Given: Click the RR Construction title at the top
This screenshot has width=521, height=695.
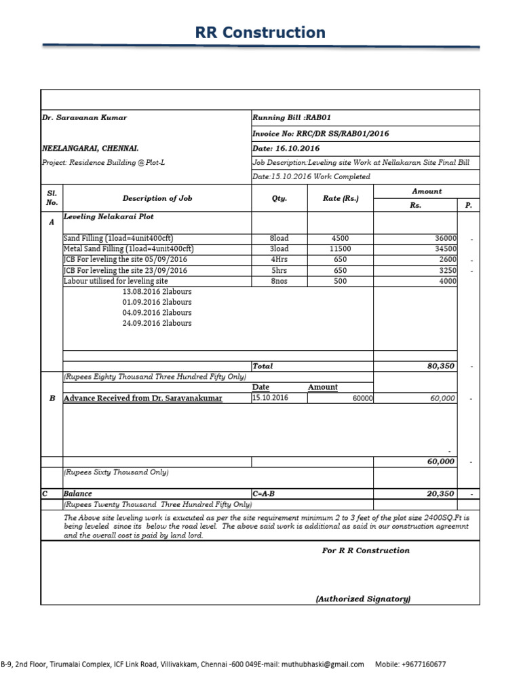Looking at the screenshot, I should [x=260, y=33].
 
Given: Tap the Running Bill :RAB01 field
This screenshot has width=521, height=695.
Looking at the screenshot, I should [x=292, y=117].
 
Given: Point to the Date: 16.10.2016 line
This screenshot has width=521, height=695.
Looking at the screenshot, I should [x=286, y=148].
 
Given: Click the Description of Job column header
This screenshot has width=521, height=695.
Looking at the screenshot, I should [x=157, y=198].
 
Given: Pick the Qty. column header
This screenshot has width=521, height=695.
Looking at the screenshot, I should [x=279, y=199].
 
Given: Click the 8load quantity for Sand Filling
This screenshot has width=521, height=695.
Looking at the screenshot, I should [x=279, y=238].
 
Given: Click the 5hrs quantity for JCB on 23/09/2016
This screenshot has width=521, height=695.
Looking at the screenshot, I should [x=279, y=270].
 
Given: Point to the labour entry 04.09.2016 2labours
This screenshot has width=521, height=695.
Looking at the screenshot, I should [x=157, y=313].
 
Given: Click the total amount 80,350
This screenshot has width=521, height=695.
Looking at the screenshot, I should [x=440, y=366].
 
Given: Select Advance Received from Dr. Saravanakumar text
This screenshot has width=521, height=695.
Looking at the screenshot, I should [x=142, y=398].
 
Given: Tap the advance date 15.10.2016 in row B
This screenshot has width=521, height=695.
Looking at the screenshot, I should [x=270, y=398].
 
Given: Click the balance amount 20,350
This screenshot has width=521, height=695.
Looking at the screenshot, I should [x=440, y=494].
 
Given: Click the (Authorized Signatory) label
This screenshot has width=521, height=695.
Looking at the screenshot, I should [x=363, y=599].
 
